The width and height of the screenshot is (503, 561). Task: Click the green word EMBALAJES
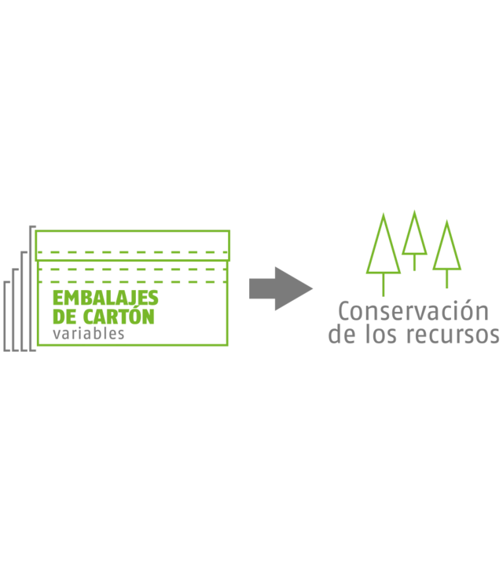point(105,298)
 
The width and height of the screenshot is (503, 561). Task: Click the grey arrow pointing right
point(279,289)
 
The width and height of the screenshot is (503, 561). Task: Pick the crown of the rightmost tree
point(446,248)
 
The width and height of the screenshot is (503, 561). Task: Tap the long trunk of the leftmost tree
point(384,287)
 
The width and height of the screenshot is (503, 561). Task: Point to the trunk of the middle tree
point(414,264)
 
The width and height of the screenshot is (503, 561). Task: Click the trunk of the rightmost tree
point(446,279)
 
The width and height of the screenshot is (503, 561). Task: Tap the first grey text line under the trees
point(411,311)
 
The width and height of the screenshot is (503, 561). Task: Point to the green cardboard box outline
point(229,299)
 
